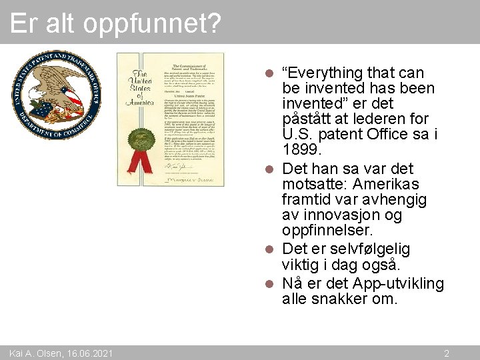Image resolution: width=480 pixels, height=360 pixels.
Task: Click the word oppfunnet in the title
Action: click(x=153, y=23)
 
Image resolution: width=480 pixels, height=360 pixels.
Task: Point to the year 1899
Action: click(x=298, y=151)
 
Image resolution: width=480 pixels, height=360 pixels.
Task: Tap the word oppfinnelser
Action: click(x=327, y=231)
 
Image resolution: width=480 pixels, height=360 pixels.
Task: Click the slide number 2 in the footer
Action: click(x=447, y=353)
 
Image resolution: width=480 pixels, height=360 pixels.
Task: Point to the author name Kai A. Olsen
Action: click(x=33, y=353)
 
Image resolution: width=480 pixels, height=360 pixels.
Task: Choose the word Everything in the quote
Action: click(x=325, y=72)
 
